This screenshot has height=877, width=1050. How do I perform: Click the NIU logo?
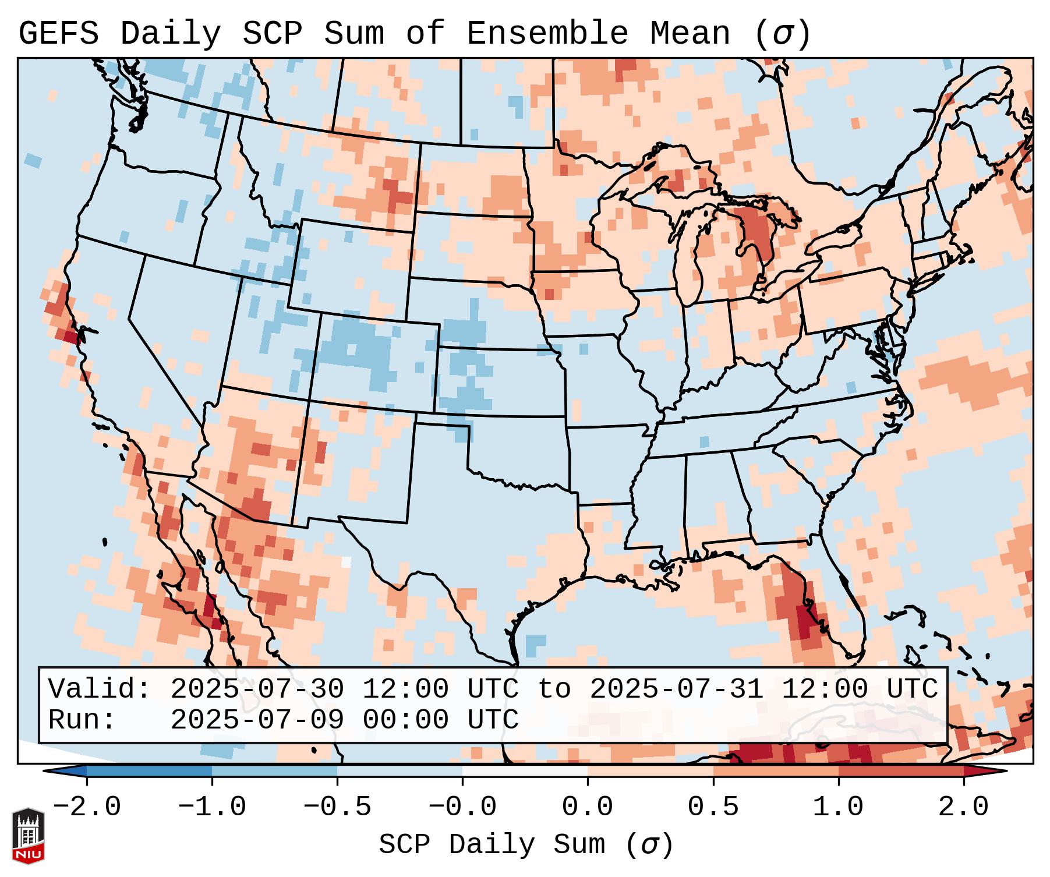(28, 835)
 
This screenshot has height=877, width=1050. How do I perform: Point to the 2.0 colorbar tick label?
(963, 807)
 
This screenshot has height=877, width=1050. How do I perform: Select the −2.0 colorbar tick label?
(87, 807)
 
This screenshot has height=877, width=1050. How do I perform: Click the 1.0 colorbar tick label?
(838, 807)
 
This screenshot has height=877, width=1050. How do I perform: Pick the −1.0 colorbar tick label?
(212, 807)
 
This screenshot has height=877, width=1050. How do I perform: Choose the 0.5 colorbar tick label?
(713, 807)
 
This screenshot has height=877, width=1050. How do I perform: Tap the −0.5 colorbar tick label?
(337, 807)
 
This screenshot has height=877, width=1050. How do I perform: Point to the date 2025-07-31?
(676, 689)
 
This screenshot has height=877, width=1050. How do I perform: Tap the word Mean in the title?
(690, 34)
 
